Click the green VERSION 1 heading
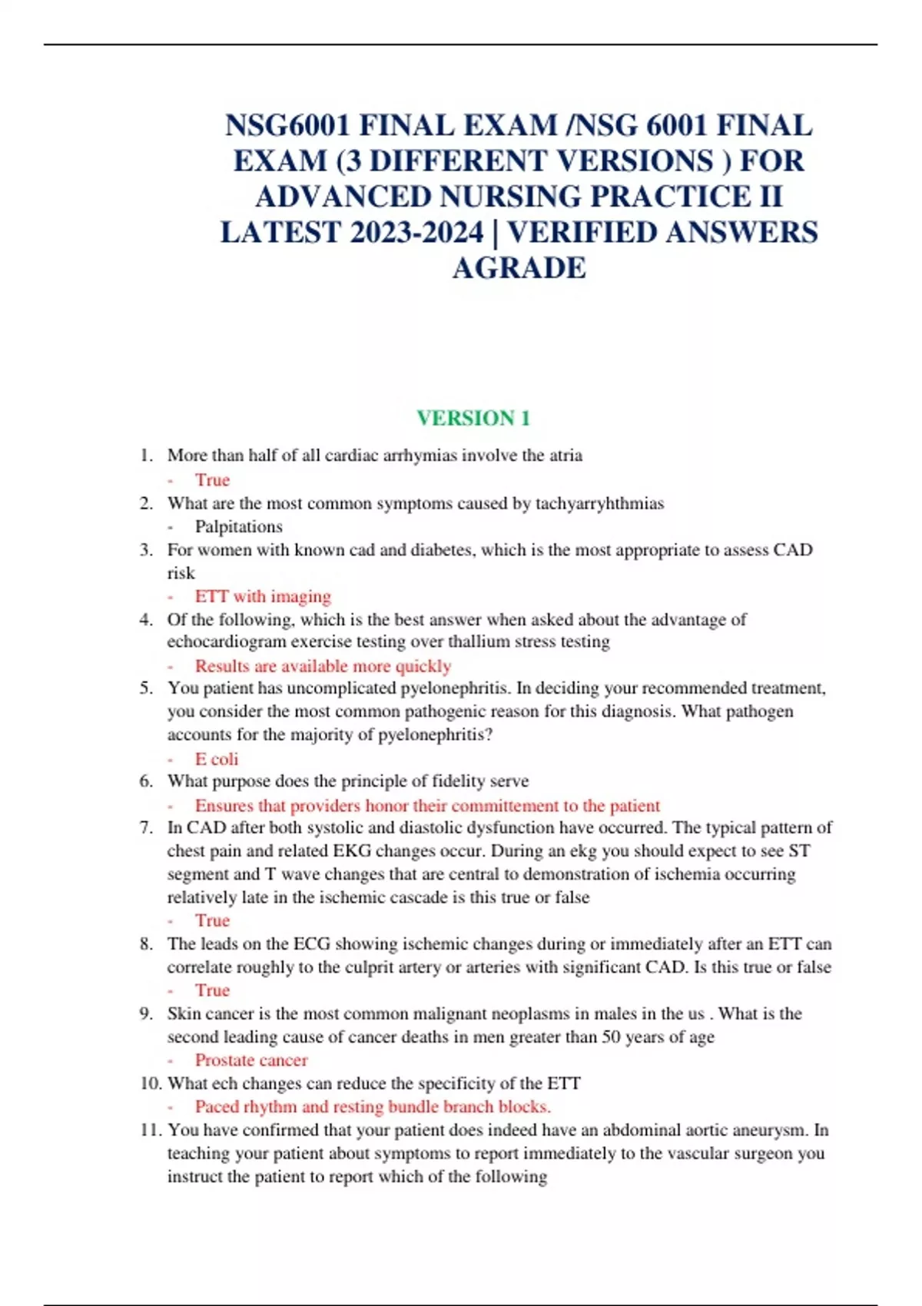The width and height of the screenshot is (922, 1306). click(x=473, y=418)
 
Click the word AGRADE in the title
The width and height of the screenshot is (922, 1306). click(x=519, y=268)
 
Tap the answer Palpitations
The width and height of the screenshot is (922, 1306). click(x=238, y=526)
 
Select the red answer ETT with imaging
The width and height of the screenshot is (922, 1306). click(x=263, y=596)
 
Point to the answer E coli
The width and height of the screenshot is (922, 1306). click(x=217, y=759)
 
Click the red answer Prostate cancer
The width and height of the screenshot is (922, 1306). click(x=251, y=1060)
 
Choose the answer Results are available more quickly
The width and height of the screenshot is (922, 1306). click(x=323, y=666)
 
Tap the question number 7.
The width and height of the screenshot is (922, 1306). click(x=146, y=827)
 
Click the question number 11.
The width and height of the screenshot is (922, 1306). click(x=150, y=1130)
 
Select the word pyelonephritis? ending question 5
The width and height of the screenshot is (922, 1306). click(x=444, y=734)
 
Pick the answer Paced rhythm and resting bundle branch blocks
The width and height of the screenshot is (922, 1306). click(x=373, y=1106)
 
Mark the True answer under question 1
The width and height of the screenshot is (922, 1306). click(x=212, y=480)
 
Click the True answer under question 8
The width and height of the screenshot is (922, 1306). click(x=212, y=990)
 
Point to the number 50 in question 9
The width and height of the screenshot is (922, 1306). click(x=611, y=1037)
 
